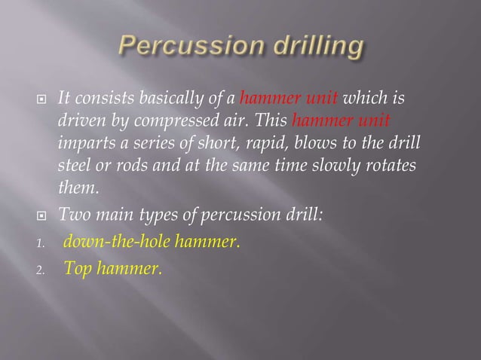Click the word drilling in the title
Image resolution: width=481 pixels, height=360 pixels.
click(314, 47)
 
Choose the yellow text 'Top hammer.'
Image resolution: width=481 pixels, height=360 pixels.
click(113, 266)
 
